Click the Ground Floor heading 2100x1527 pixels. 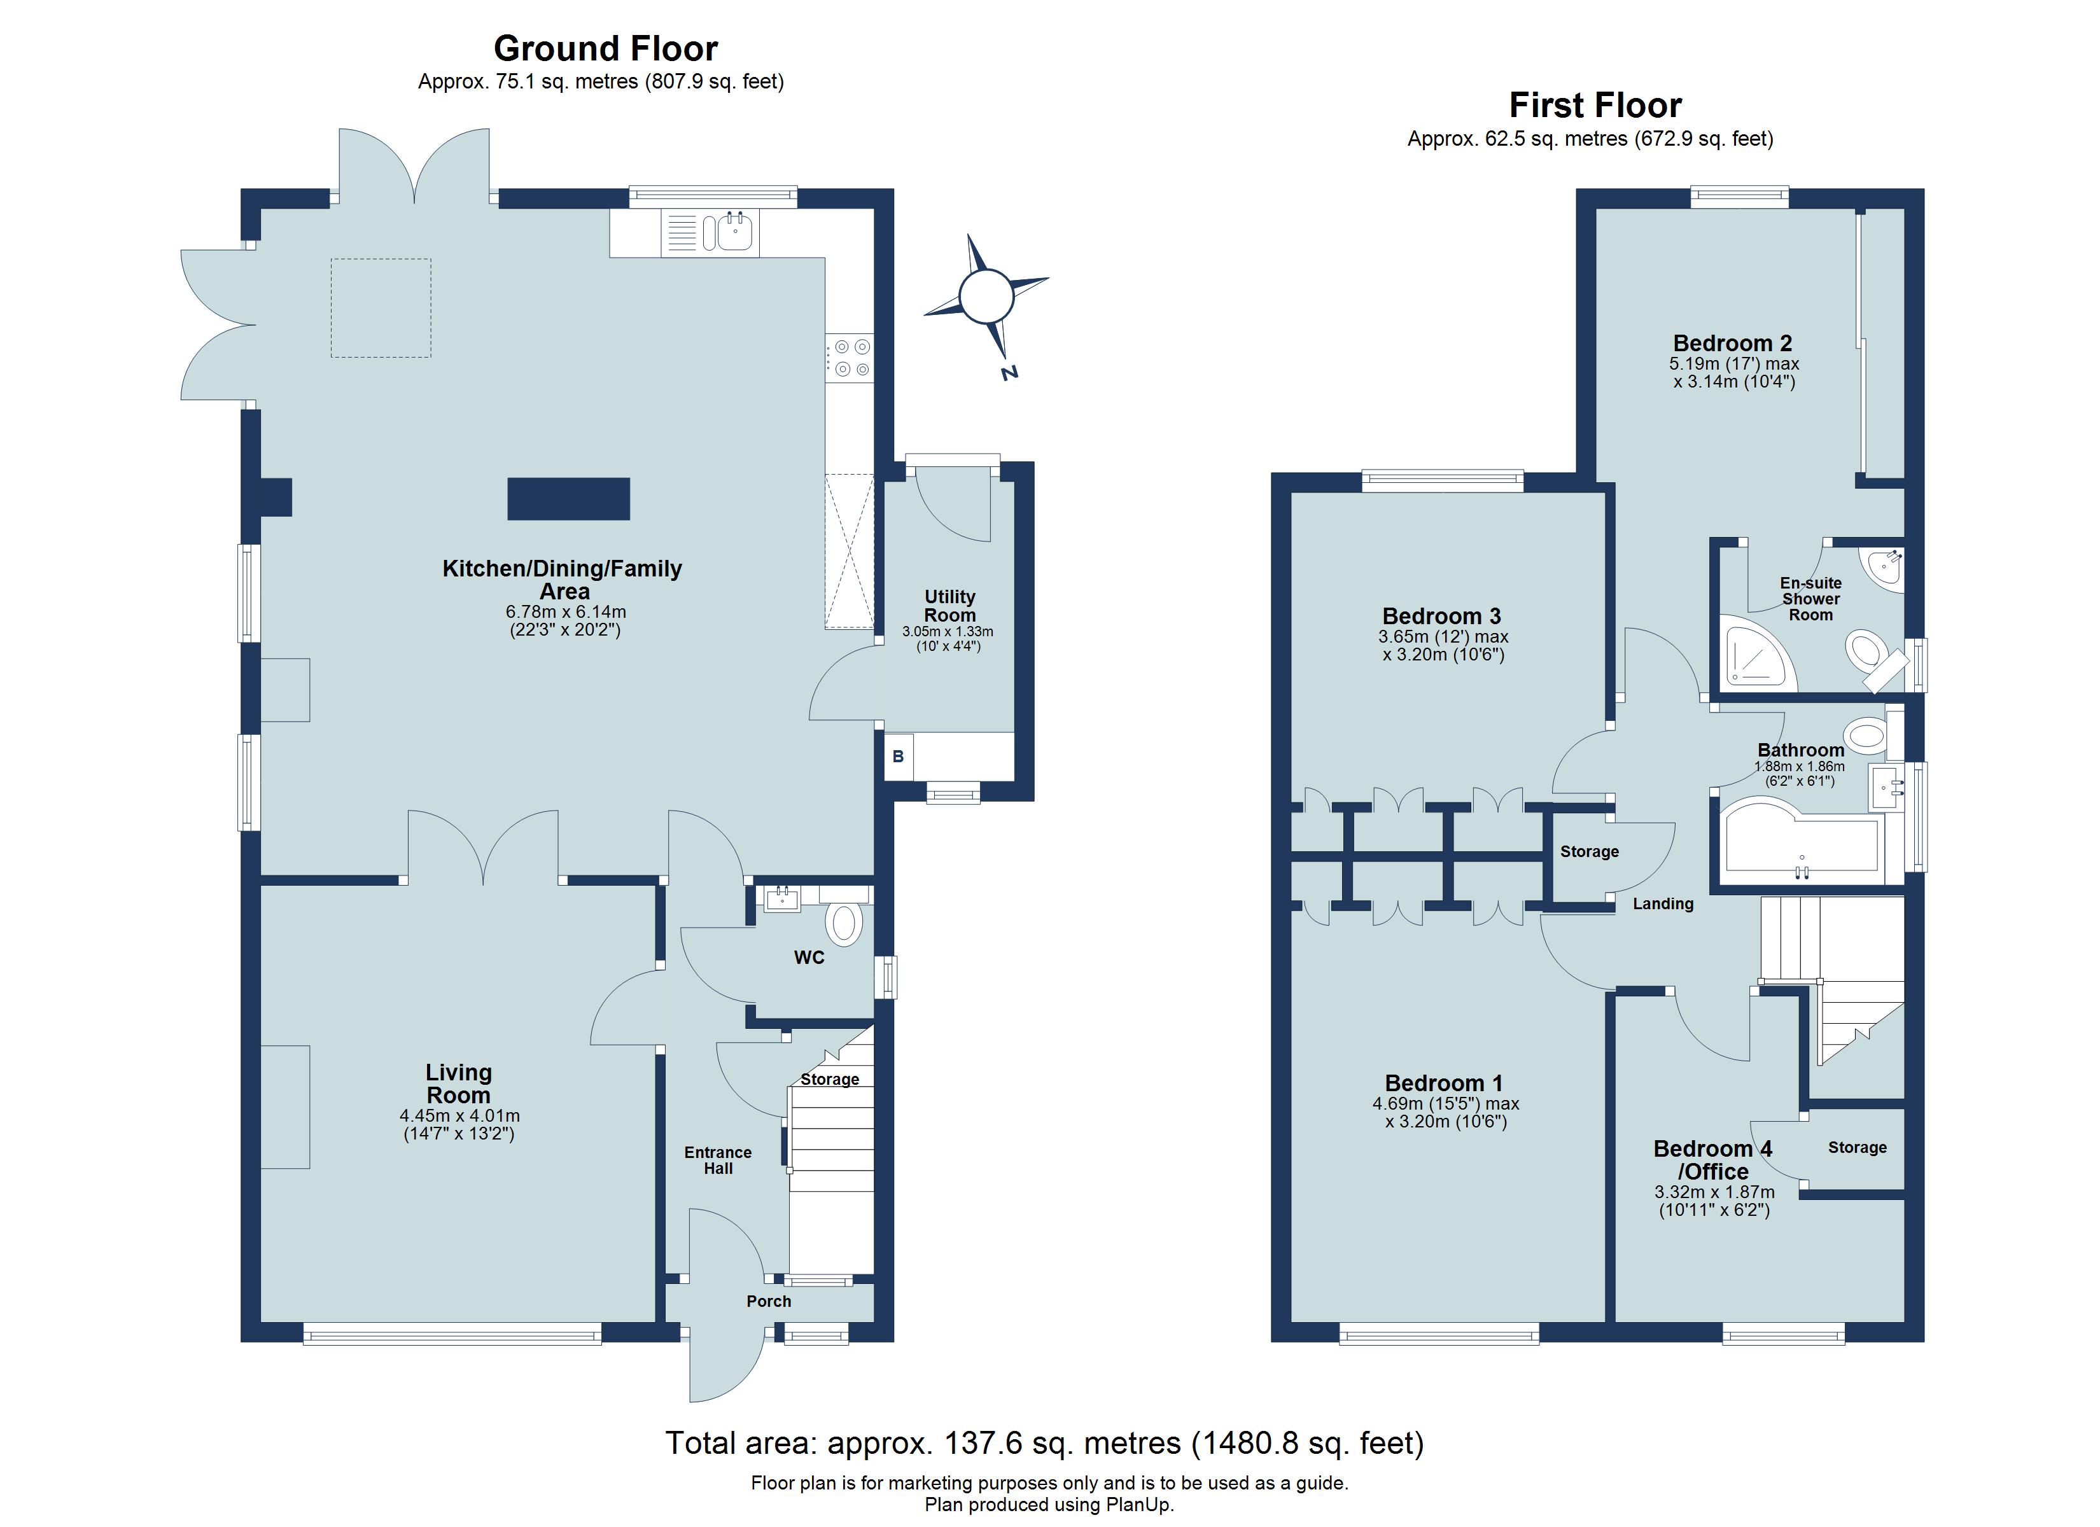(606, 48)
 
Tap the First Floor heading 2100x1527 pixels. (1595, 106)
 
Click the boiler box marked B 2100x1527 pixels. (898, 757)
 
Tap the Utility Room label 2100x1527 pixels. (949, 606)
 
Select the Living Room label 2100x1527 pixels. (458, 1084)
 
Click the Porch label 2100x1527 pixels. (769, 1301)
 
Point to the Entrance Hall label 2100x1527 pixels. (718, 1161)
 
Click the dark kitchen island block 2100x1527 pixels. (568, 498)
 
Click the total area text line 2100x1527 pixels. (1044, 1443)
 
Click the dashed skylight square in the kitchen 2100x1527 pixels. (381, 307)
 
